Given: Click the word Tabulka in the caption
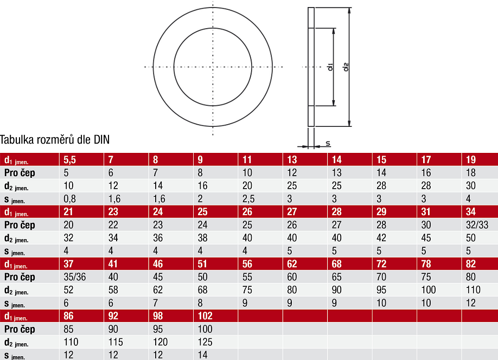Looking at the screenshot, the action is (x=17, y=140).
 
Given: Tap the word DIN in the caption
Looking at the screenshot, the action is (x=101, y=140).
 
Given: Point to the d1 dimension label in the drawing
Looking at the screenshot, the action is (x=330, y=67).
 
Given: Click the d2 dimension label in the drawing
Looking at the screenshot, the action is (x=346, y=67).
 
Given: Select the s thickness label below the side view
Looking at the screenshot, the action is (x=328, y=144).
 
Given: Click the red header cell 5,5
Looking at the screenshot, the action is (x=69, y=160).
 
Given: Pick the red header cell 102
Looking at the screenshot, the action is (x=205, y=316).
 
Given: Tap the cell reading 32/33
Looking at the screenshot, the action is (x=477, y=225).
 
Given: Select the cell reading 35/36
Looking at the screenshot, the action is (x=75, y=277).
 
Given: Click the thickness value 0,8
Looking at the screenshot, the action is (x=69, y=199).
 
